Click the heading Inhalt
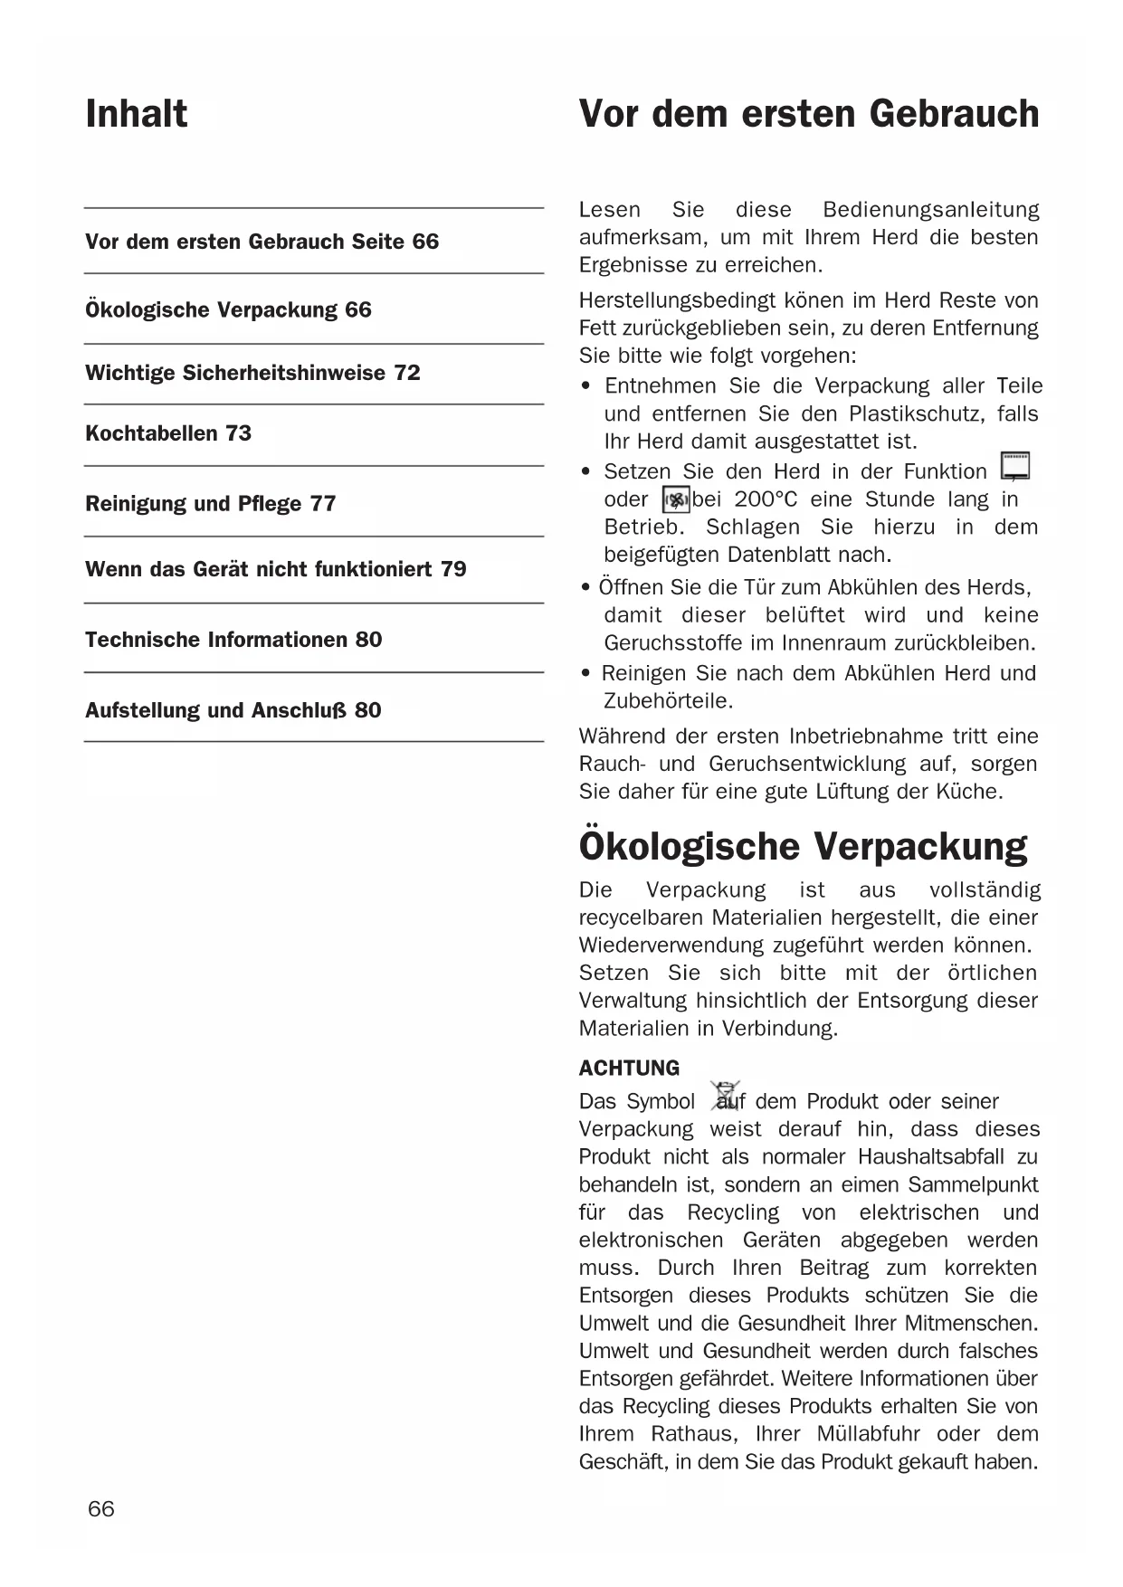pos(137,114)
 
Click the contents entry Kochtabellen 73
pos(168,433)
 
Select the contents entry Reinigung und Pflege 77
pos(210,504)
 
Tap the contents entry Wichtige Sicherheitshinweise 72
pos(252,373)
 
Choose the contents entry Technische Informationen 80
pos(233,640)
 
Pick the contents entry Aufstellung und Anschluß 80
pos(233,710)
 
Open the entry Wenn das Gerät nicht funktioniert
pos(275,569)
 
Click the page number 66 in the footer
pos(101,1508)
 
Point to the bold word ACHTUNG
pos(629,1069)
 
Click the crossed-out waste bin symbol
pos(726,1096)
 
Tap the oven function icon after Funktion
pos(1015,466)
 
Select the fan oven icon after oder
pos(676,499)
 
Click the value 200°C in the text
pos(766,499)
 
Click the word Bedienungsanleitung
pos(930,210)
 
